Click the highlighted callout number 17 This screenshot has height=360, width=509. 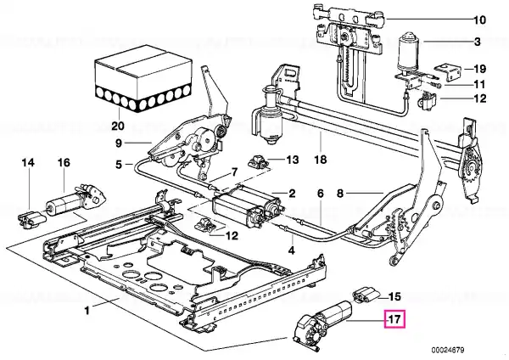click(394, 319)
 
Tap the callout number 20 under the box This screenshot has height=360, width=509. click(118, 126)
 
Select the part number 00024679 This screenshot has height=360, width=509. click(448, 350)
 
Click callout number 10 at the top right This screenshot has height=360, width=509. click(479, 20)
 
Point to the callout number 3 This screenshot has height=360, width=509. click(477, 42)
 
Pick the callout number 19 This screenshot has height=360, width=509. click(479, 69)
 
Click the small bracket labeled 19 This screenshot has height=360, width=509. click(448, 71)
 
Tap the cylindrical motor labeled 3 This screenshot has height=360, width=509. click(407, 52)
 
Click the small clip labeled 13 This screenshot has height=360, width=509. click(259, 161)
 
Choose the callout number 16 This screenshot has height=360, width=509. click(64, 162)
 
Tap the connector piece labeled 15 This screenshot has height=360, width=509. click(366, 295)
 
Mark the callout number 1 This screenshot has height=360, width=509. click(87, 311)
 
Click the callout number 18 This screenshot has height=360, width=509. click(321, 160)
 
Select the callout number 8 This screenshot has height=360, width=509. click(339, 194)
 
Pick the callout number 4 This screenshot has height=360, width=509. click(292, 250)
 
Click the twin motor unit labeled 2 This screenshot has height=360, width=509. click(245, 206)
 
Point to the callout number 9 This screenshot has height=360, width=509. click(119, 143)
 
